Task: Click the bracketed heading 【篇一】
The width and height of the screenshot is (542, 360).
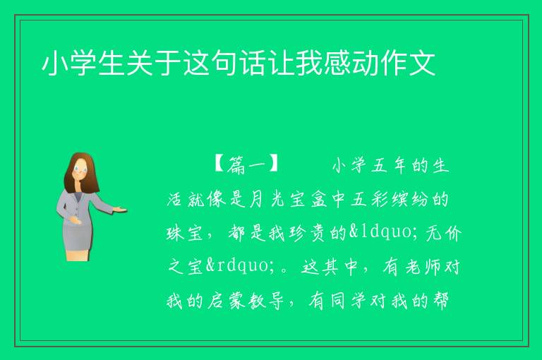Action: pyautogui.click(x=246, y=164)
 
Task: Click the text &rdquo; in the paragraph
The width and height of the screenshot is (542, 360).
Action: pyautogui.click(x=239, y=265)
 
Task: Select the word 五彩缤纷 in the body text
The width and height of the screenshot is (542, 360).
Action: pyautogui.click(x=390, y=199)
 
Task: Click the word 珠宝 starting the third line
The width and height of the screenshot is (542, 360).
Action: pyautogui.click(x=185, y=232)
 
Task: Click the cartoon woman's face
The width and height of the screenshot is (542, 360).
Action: pyautogui.click(x=81, y=169)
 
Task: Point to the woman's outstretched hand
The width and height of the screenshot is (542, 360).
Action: pyautogui.click(x=120, y=209)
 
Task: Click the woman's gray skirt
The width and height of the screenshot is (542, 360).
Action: pyautogui.click(x=78, y=234)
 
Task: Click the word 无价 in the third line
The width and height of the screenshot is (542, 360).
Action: pyautogui.click(x=444, y=232)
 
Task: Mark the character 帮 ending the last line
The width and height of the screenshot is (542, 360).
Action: pyautogui.click(x=440, y=300)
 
